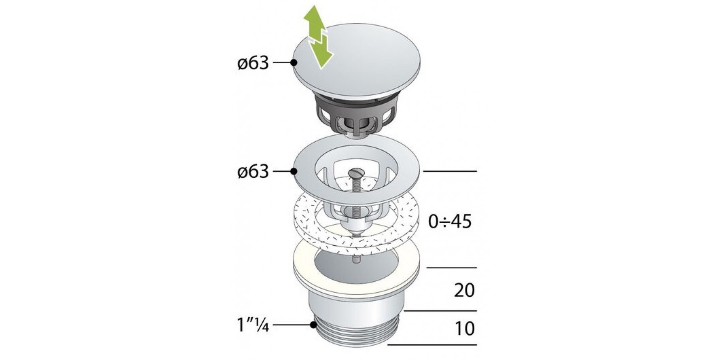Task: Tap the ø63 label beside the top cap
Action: tap(253, 63)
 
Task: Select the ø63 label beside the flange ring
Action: tap(253, 172)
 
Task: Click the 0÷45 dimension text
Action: tap(450, 221)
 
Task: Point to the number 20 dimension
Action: tap(464, 290)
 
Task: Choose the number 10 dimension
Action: tap(465, 328)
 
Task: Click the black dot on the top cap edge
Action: tap(294, 63)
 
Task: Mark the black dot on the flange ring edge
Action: tap(294, 172)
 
